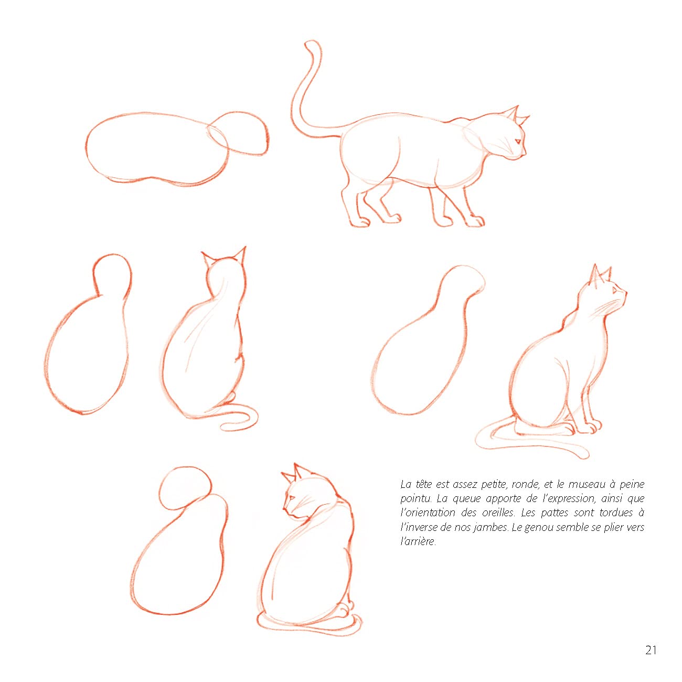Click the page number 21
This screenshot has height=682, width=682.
651,650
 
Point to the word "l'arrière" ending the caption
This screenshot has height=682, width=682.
418,542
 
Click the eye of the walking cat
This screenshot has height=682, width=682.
518,141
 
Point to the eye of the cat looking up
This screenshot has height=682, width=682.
614,290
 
